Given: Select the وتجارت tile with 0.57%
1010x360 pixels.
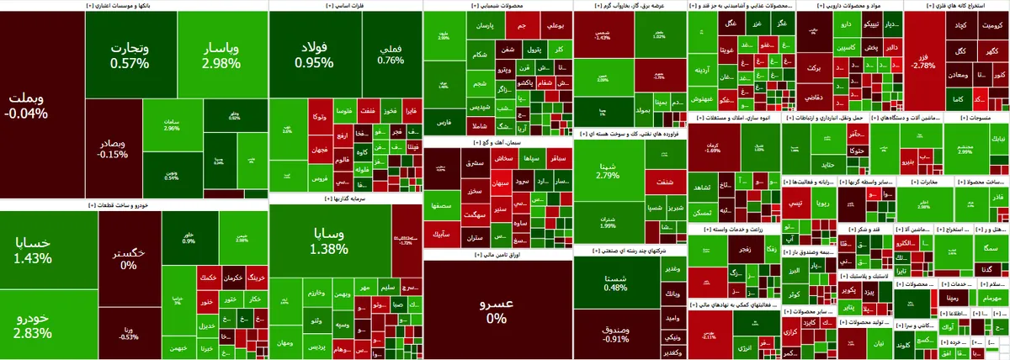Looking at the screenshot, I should [129, 56].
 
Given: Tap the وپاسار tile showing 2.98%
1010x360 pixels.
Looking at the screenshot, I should [221, 56].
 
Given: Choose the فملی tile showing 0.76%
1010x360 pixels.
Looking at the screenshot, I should [391, 55].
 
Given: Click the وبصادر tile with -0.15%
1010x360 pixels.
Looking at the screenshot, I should [113, 148].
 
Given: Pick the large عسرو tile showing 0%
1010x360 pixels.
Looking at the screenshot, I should [497, 310].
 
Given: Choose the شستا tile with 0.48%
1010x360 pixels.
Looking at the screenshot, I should [615, 283].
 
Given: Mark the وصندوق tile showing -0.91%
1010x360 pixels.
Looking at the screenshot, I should [615, 333].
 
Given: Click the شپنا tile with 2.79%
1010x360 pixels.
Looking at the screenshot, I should [607, 170].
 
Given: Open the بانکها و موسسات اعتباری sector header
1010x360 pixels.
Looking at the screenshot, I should [135, 5].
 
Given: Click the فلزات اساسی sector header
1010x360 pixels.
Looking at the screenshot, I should [345, 5].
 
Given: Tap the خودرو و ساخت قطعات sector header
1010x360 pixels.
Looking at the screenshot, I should [135, 204].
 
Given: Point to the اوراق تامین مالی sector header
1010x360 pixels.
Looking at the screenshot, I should [497, 253].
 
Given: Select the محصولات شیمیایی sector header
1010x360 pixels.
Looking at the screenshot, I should [497, 5].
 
